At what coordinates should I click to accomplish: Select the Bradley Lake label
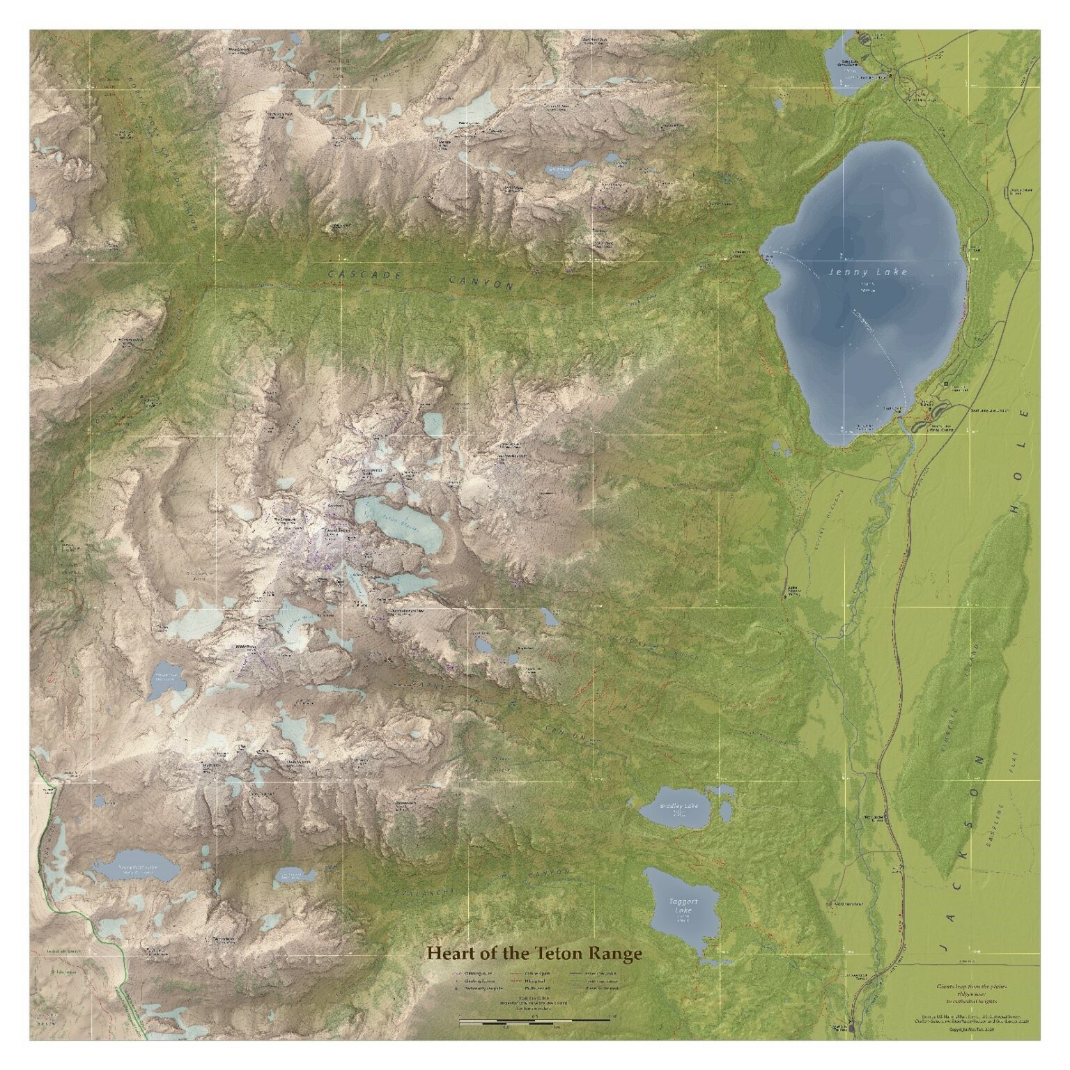coord(679,807)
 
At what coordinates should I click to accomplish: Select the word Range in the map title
coord(616,952)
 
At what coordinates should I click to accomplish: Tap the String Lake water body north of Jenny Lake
coord(846,68)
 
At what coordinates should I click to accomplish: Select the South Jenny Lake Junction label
coord(989,411)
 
